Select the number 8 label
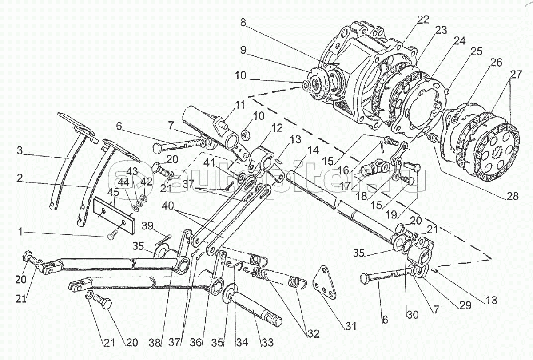[243, 22]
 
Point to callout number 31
[352, 327]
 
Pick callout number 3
[20, 150]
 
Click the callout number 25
[476, 51]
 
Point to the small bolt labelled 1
[111, 236]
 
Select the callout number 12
[277, 128]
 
